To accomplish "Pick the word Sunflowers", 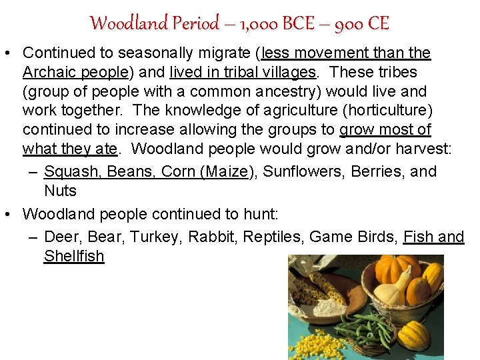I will tap(303, 171).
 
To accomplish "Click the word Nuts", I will tap(60, 191).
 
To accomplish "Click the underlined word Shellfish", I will tap(74, 256).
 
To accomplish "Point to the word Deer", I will tap(60, 237).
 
